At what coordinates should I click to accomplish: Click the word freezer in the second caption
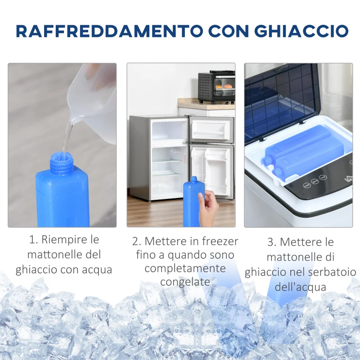coord(220,241)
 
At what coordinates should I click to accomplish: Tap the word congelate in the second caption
coord(185,282)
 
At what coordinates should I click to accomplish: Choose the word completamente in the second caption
coord(185,268)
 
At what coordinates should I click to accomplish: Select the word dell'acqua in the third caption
coord(300,287)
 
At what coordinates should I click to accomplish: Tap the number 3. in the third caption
coord(271,242)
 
